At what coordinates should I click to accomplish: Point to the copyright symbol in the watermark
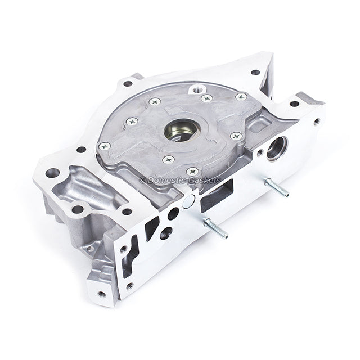142,180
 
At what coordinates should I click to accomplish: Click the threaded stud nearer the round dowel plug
215,228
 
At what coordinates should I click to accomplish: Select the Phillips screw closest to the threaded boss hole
206,98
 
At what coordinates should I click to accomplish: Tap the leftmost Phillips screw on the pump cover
104,146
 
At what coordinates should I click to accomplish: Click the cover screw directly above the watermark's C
168,159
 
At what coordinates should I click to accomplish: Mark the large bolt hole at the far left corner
52,173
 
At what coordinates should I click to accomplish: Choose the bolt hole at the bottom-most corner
101,294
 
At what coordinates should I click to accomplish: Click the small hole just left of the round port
259,151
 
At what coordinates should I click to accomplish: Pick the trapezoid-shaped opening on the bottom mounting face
153,227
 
